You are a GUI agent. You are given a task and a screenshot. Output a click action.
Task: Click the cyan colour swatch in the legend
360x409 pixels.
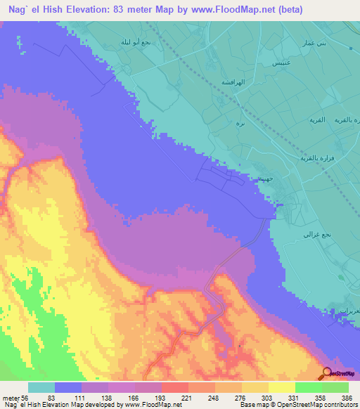point(41,387)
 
